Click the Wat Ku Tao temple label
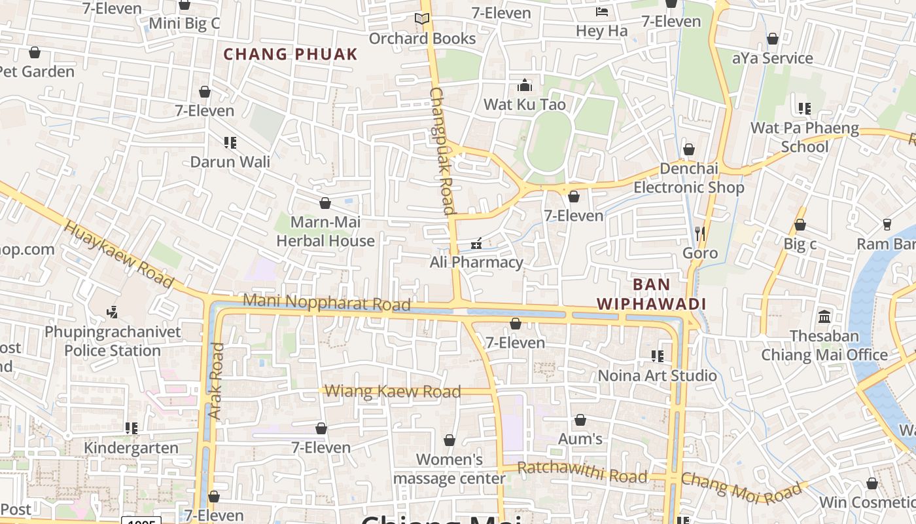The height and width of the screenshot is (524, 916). [x=524, y=104]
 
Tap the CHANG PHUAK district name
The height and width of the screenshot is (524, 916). [x=291, y=54]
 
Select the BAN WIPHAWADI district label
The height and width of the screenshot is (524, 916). [x=651, y=294]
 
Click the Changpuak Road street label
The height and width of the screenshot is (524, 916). [x=442, y=151]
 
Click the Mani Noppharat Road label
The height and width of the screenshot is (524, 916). [x=326, y=303]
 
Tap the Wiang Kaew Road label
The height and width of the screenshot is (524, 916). [x=393, y=392]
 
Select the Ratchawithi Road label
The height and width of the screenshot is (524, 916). [x=582, y=472]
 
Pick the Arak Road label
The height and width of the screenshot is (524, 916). [x=215, y=381]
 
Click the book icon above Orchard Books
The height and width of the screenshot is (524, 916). [x=422, y=19]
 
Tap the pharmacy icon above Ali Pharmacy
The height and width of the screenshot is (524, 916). [x=476, y=244]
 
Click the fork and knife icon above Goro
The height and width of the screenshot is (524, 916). [x=700, y=233]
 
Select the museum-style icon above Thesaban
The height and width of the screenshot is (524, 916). [x=824, y=316]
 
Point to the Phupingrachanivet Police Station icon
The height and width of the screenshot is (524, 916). [x=113, y=312]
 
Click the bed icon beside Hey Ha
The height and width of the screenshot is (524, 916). [x=602, y=12]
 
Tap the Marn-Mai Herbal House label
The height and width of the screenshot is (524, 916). [x=325, y=231]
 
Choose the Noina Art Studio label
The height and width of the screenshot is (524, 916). [x=658, y=375]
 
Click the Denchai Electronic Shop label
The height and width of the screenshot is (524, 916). [x=688, y=178]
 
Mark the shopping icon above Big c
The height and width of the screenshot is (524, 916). [x=800, y=225]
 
